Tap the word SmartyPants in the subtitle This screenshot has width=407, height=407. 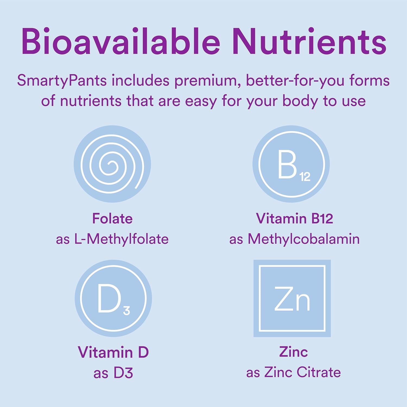(x=62, y=81)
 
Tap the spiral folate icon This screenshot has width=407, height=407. (x=112, y=164)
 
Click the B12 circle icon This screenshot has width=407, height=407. (x=291, y=164)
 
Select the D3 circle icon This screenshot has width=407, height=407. (x=113, y=298)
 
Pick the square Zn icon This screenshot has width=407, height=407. (x=292, y=298)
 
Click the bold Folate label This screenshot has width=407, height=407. (x=112, y=218)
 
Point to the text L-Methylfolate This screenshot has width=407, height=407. (x=121, y=239)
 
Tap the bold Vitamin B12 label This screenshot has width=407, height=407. (x=294, y=218)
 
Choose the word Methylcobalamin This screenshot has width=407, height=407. (x=304, y=239)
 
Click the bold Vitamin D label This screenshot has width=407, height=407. (x=113, y=352)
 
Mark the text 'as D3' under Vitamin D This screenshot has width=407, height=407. (x=113, y=373)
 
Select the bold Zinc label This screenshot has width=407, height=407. (x=293, y=352)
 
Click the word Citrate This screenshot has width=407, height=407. (x=319, y=372)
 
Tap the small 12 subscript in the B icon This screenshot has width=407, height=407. (x=305, y=177)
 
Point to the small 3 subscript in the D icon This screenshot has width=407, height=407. (x=126, y=310)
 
